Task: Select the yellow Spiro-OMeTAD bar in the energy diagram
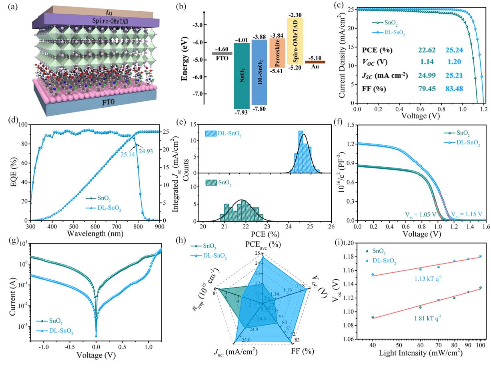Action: click(295, 41)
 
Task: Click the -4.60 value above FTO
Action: click(219, 48)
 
